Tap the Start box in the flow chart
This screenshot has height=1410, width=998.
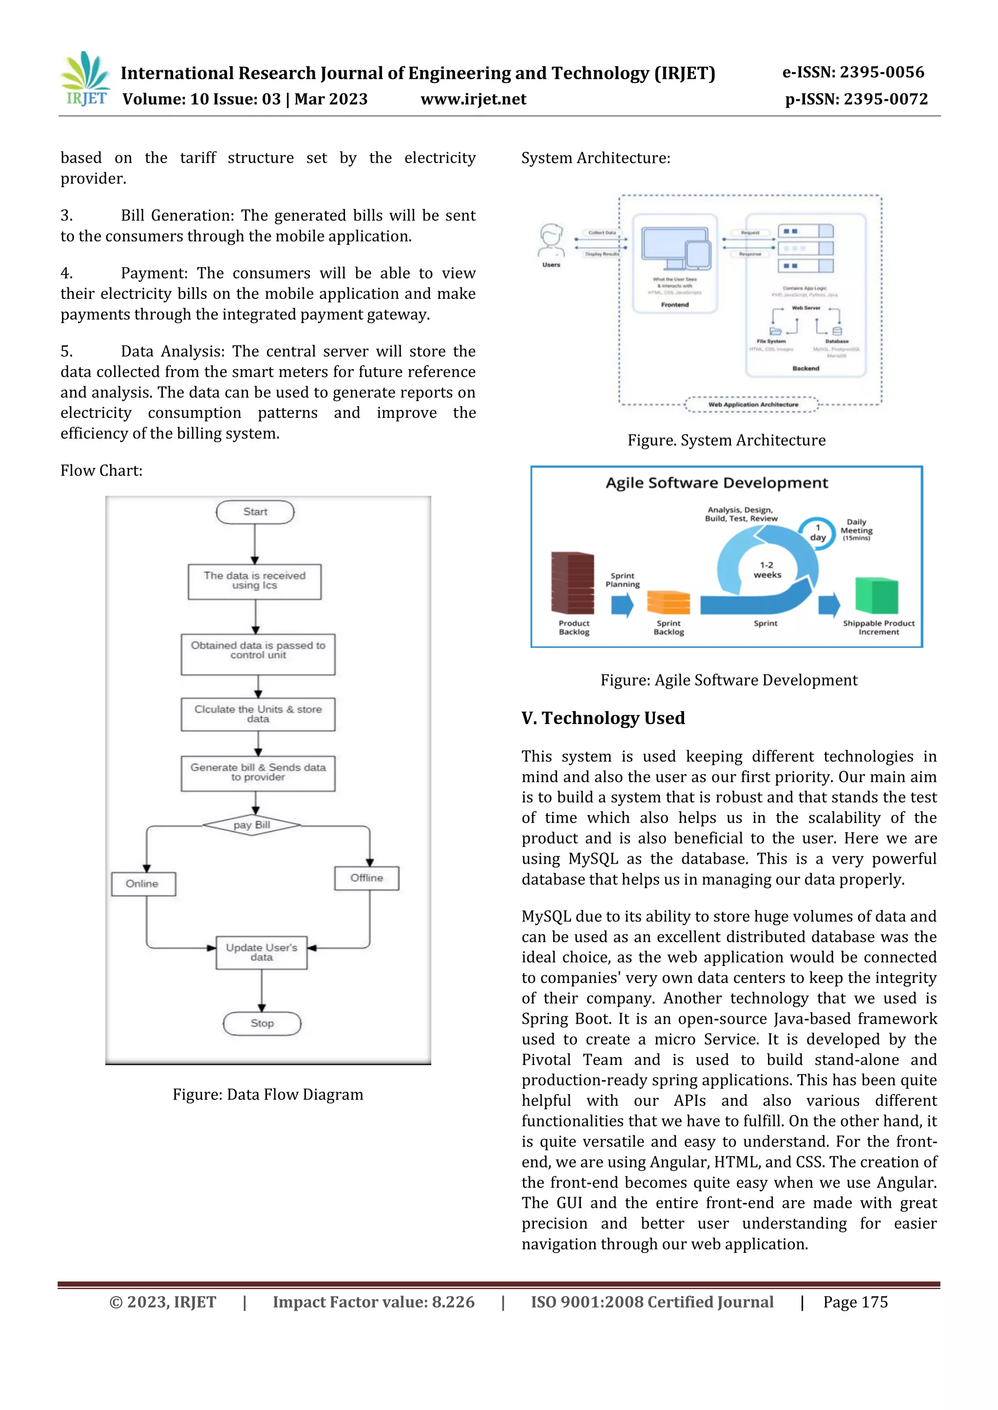pyautogui.click(x=255, y=512)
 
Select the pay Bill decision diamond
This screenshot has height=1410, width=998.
pyautogui.click(x=252, y=825)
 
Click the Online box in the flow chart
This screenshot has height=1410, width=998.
pyautogui.click(x=143, y=884)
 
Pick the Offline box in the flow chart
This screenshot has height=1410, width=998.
pyautogui.click(x=366, y=878)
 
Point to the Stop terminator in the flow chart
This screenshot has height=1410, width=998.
pyautogui.click(x=262, y=1023)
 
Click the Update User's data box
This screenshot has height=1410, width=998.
pyautogui.click(x=261, y=952)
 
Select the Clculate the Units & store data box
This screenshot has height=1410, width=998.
pyautogui.click(x=258, y=714)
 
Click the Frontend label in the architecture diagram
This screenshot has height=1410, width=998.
pyautogui.click(x=675, y=305)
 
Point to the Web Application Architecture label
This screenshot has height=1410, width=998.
pyautogui.click(x=753, y=405)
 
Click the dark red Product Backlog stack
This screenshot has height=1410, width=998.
pyautogui.click(x=572, y=583)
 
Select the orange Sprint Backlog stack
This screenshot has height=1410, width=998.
pyautogui.click(x=668, y=602)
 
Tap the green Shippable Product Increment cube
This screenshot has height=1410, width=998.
pyautogui.click(x=877, y=595)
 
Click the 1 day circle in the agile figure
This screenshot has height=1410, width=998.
pyautogui.click(x=817, y=533)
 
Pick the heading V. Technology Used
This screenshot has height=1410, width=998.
pyautogui.click(x=603, y=718)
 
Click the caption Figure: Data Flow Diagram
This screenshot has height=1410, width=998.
pyautogui.click(x=268, y=1095)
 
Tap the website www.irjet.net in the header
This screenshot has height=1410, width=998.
pyautogui.click(x=473, y=99)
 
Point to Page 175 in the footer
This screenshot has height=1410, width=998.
pyautogui.click(x=855, y=1302)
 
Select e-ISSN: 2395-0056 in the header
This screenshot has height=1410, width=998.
pyautogui.click(x=852, y=73)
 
